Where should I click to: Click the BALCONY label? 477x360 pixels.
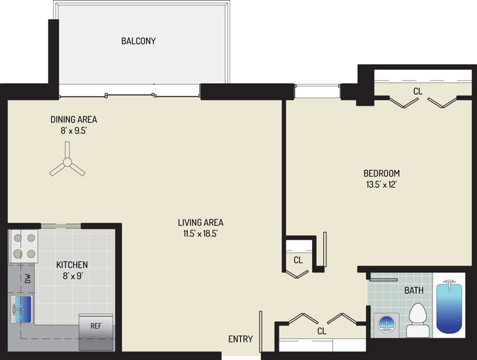coord(139,41)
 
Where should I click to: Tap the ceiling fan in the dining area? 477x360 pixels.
coord(67,162)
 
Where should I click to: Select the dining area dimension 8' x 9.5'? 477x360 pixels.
coord(74,131)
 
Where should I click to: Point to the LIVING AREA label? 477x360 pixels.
coord(200,223)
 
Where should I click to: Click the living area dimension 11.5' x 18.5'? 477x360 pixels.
coord(200,234)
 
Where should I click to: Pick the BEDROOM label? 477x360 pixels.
coord(381,173)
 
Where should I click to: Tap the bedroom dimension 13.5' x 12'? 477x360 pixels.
coord(381,185)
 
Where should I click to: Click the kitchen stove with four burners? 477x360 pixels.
coord(24,246)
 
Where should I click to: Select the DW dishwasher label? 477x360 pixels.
coord(27,278)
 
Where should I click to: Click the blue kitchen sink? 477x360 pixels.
coord(22,309)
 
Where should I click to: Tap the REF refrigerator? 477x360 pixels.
coord(96,332)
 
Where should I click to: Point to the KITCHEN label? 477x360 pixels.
coord(72,264)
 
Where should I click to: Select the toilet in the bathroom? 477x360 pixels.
coord(418,321)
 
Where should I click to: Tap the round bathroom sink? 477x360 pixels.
coord(386,325)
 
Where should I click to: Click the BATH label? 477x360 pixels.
coord(414,291)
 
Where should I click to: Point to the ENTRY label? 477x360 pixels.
coord(240,338)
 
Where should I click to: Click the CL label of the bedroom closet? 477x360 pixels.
coord(417,91)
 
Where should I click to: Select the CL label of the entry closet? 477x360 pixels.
coord(321,331)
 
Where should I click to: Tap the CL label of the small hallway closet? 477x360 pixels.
coord(298,260)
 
